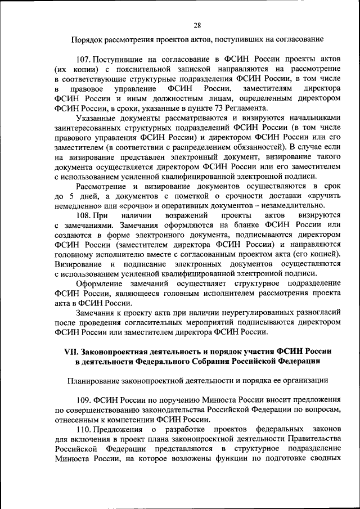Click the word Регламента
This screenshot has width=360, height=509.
pos(232,108)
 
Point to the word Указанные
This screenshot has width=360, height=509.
pos(95,118)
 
